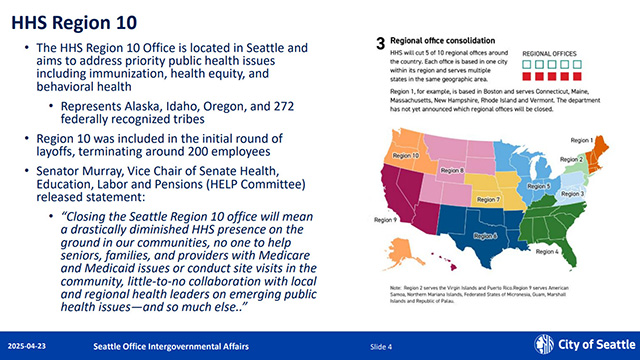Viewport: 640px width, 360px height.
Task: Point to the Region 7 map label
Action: (x=487, y=200)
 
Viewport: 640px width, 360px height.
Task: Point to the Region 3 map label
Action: (x=602, y=193)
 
